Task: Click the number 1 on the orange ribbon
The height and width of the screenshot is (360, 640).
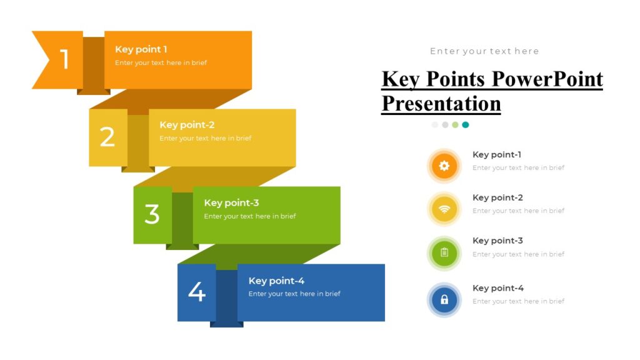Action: (64, 59)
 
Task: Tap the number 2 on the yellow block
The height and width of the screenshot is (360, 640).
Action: (107, 137)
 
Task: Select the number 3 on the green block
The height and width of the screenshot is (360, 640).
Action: (152, 214)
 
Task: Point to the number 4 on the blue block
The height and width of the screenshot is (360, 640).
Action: (197, 292)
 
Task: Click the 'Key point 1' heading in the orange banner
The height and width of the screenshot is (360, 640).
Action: (141, 49)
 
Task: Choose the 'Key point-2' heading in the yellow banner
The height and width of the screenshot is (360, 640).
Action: (187, 125)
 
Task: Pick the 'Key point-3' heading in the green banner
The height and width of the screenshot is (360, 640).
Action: (231, 202)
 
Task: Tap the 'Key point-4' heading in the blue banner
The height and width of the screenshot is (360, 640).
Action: (276, 281)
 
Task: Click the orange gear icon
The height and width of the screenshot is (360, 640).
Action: (444, 166)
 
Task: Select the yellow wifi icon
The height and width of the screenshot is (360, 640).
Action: (444, 209)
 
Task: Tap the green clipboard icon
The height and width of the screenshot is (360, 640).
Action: (444, 252)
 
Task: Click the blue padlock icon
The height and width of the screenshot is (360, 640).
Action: (444, 299)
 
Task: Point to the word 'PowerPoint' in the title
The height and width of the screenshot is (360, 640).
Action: (547, 79)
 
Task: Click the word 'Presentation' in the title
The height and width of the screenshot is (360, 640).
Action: (441, 103)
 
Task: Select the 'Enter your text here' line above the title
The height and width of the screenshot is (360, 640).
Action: (484, 51)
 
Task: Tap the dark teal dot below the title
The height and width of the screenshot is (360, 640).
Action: (466, 125)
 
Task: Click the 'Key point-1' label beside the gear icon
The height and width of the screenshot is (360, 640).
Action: (497, 154)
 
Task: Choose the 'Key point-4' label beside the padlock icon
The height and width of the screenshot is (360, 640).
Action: (498, 288)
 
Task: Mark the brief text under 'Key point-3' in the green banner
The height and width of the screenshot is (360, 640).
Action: (250, 216)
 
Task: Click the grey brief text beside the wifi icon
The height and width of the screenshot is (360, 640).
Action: (518, 211)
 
